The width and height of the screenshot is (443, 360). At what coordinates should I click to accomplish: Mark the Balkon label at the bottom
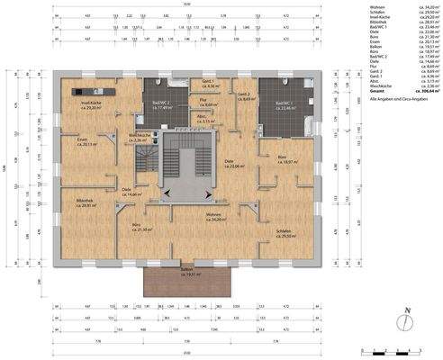pyautogui.click(x=186, y=271)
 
